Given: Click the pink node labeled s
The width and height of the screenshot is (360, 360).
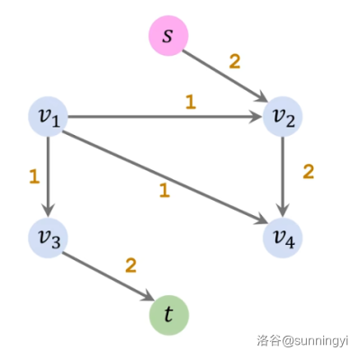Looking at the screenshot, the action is (168, 35).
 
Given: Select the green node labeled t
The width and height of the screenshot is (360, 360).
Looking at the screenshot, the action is (169, 315).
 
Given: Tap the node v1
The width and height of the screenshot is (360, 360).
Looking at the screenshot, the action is (48, 117).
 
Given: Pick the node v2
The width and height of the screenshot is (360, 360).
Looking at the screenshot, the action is (283, 117).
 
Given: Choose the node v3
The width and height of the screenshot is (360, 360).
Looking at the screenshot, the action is (48, 238).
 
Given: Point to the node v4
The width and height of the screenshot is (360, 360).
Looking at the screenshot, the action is (283, 238).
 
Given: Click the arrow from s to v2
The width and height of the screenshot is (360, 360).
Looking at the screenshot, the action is (225, 76).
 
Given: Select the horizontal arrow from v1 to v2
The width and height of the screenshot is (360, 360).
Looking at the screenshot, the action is (165, 117).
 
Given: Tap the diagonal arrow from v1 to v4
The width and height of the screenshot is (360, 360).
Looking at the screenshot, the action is (165, 177).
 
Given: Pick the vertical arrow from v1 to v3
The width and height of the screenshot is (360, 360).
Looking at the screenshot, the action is (48, 176).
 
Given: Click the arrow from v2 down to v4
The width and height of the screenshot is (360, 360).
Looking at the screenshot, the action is (283, 176).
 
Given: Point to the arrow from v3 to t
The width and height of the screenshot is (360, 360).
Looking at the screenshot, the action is (108, 276).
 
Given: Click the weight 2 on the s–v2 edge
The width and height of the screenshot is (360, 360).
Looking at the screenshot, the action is (235, 62).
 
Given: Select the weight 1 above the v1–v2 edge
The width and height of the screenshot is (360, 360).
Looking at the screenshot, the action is (191, 103).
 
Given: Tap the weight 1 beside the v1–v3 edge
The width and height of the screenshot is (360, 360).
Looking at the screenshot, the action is (34, 176).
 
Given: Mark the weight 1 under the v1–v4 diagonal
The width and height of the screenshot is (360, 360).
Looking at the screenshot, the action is (165, 191).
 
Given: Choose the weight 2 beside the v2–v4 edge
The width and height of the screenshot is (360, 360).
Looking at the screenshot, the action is (309, 172).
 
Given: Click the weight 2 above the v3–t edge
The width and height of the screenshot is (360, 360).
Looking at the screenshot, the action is (130, 265).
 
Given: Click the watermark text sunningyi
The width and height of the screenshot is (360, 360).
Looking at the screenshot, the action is (319, 341).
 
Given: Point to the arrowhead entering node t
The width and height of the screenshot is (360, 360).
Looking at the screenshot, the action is (148, 296).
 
